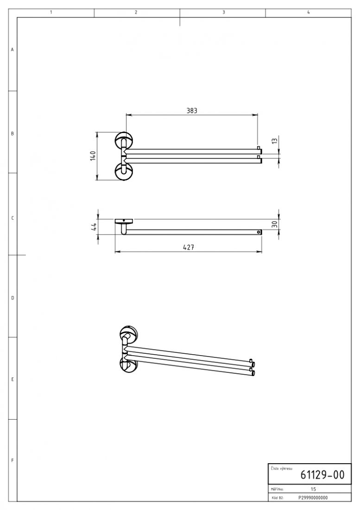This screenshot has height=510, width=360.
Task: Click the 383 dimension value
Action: [x=192, y=111]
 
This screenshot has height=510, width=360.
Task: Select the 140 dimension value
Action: [x=93, y=156]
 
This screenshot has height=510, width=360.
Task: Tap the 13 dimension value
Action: [x=275, y=141]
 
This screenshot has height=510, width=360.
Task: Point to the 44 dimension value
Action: [x=94, y=227]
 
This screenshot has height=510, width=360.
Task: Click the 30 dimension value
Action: [x=275, y=224]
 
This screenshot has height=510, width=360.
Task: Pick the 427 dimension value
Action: [x=188, y=247]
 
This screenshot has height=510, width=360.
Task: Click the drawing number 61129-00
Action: [x=322, y=475]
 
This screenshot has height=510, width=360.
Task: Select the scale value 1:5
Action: [x=313, y=489]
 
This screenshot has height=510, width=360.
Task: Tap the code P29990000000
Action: [x=313, y=497]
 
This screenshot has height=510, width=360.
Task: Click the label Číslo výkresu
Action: [x=281, y=469]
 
